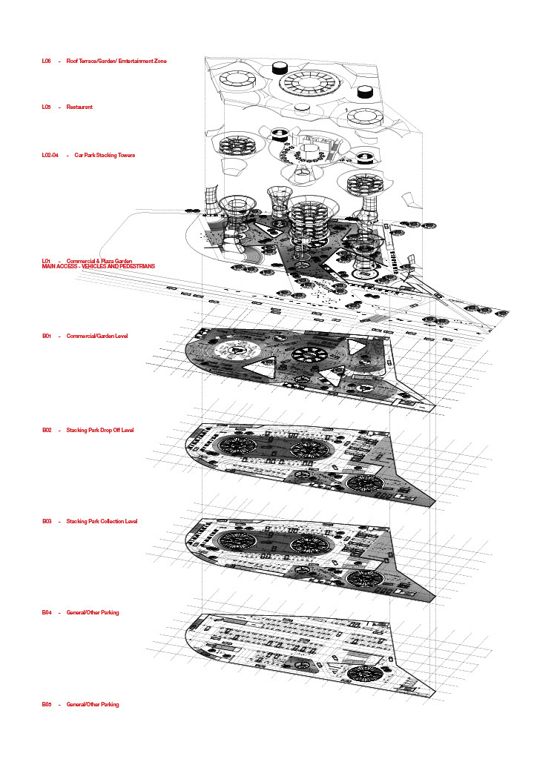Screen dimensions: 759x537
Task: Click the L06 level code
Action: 46,61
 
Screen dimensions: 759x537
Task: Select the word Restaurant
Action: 79,107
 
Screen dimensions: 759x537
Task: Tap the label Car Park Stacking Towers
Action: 105,156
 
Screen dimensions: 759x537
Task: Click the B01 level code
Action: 46,337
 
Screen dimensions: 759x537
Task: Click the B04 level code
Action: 46,613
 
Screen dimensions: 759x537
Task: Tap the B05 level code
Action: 46,704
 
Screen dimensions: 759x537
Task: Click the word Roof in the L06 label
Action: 72,61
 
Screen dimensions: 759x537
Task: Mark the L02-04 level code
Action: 50,156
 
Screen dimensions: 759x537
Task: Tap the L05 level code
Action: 46,107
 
